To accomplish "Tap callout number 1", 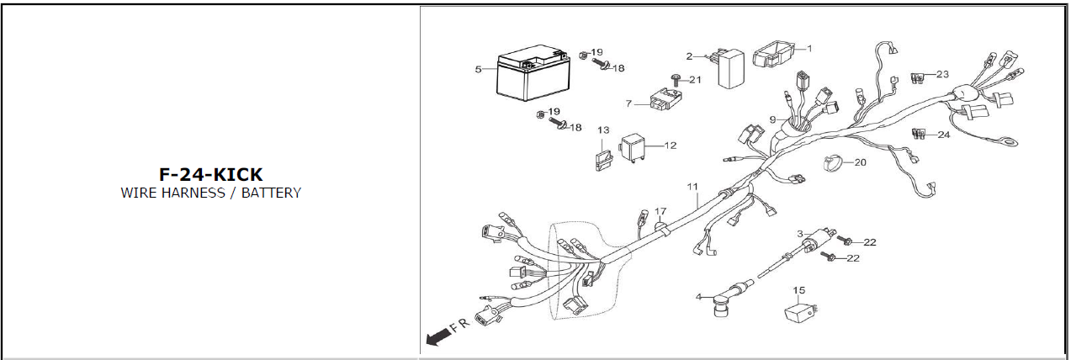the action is pos(809,48).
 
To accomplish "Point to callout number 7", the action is pos(628,103).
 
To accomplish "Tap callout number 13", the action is pos(603,130).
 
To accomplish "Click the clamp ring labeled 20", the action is pos(832,163).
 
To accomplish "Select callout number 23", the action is pos(942,74).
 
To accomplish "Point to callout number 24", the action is pos(944,135).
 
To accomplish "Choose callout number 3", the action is pos(800,234).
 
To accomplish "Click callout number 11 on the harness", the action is pos(692,187).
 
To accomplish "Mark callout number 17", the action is pos(660,211).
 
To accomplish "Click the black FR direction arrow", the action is pos(436,337).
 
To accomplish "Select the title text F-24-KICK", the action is pos(211,174).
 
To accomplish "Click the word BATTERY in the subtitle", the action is pos(271,193).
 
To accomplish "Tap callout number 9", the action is pos(772,119).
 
